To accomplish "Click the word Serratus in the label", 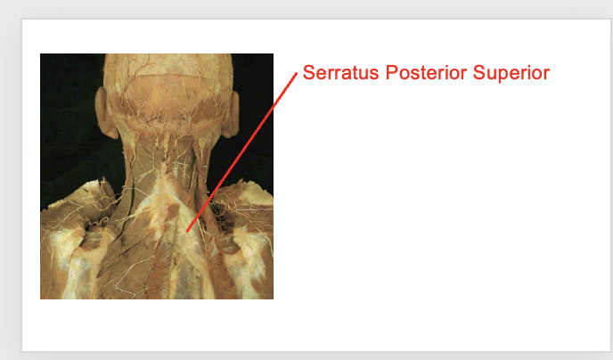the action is pyautogui.click(x=340, y=73).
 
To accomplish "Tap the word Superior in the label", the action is pyautogui.click(x=511, y=73).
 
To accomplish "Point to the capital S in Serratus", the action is pyautogui.click(x=309, y=73).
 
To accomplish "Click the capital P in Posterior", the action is pyautogui.click(x=392, y=73).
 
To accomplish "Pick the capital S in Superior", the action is pyautogui.click(x=479, y=73).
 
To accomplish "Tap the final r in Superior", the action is pyautogui.click(x=546, y=75).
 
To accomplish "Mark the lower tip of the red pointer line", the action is pyautogui.click(x=187, y=231).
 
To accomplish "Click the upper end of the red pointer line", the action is pyautogui.click(x=297, y=73).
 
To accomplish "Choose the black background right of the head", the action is pyautogui.click(x=254, y=118).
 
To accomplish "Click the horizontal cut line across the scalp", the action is pyautogui.click(x=168, y=75).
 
